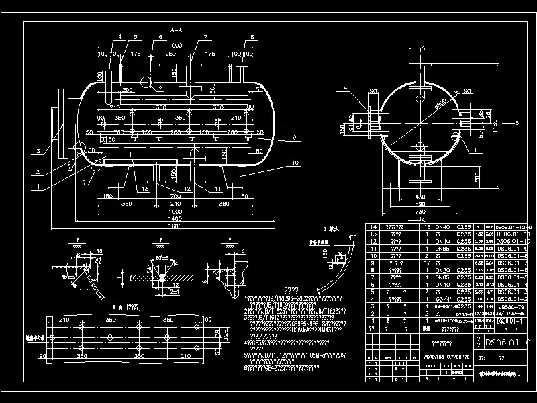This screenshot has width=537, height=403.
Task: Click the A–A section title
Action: (x=177, y=31)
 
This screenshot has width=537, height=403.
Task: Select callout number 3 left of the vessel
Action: (x=39, y=150)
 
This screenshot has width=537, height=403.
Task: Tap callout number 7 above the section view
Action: (x=191, y=37)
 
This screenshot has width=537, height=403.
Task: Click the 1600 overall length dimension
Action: (x=176, y=227)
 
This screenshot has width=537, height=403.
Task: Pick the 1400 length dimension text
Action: (x=176, y=219)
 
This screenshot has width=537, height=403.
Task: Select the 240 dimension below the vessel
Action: (x=176, y=203)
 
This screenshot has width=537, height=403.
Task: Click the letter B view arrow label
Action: (x=526, y=123)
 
